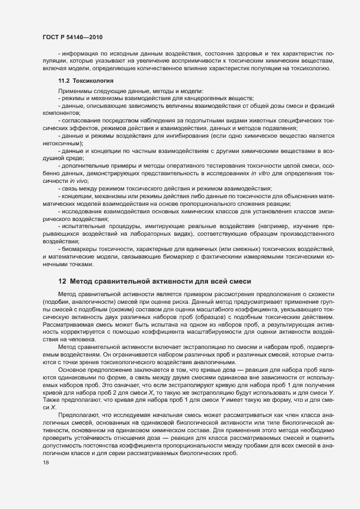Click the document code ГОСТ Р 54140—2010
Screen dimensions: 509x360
(x=72, y=36)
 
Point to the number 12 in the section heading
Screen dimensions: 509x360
(x=62, y=281)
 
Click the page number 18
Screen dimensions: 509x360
(x=46, y=462)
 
